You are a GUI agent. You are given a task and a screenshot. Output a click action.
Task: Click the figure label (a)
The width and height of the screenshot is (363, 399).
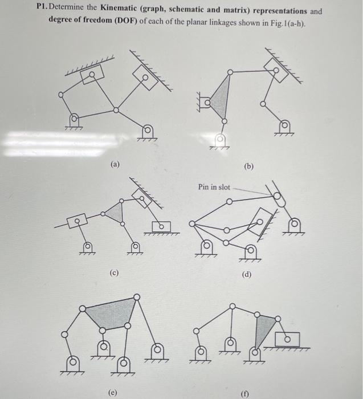tap(116, 164)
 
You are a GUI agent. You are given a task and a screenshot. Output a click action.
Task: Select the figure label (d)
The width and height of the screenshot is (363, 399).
tap(247, 275)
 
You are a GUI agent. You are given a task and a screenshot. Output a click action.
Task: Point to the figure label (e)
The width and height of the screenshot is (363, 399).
tap(114, 392)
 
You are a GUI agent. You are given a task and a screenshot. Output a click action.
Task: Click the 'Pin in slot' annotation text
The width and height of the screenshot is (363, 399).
tap(214, 187)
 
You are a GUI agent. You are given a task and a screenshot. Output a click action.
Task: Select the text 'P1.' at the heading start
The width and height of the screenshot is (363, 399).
tap(44, 11)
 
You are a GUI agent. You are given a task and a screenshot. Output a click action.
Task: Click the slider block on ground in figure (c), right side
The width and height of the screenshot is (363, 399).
tap(161, 226)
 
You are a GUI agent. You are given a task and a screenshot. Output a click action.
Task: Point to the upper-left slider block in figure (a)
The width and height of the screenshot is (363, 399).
tap(92, 75)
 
